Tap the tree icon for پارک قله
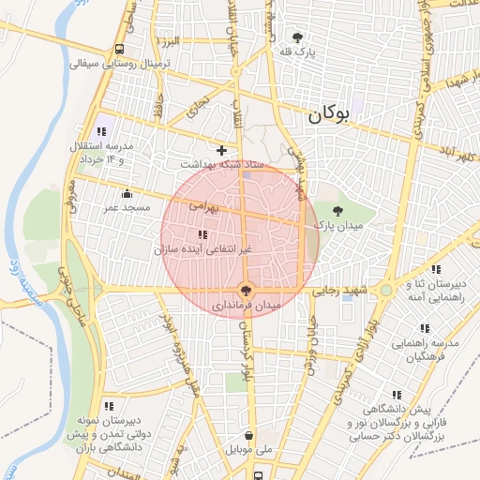[298, 37]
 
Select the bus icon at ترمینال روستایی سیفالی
[119, 50]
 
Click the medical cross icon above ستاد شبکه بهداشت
[221, 150]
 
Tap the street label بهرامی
[202, 202]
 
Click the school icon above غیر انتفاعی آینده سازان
[202, 234]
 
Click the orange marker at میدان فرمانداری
[247, 290]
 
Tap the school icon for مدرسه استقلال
[101, 131]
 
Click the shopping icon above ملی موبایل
[248, 435]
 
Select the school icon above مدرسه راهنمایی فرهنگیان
[424, 328]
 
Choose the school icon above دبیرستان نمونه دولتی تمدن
[109, 406]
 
